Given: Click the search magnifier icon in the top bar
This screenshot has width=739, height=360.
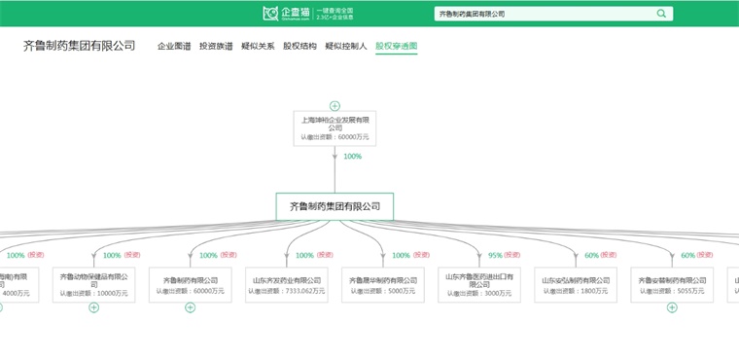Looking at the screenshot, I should pos(662,14).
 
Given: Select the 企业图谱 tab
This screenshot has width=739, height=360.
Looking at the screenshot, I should pos(174,46).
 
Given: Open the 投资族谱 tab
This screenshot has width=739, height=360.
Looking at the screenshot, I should pos(216,46).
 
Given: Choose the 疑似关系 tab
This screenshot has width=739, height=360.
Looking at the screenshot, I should pos(258,46).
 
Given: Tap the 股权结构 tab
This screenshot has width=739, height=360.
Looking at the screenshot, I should pos(299,46).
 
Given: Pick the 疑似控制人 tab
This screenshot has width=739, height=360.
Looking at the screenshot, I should pos(346,46).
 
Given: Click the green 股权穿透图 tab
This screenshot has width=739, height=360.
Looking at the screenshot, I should pos(396,46).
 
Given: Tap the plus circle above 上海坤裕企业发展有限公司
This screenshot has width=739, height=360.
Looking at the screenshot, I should pos(334,105).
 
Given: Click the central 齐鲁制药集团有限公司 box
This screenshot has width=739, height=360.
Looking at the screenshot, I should pos(334,206).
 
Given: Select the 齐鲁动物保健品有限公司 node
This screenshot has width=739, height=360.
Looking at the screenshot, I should pos(93,285).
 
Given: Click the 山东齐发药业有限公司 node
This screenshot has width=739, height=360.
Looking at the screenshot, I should pos(285,285).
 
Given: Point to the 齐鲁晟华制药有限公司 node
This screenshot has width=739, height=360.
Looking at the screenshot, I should pos(381,285).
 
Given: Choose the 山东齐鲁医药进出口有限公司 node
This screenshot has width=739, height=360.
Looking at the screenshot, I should pos(477,285).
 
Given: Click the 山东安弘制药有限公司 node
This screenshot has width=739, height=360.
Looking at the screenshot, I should pos(575,285).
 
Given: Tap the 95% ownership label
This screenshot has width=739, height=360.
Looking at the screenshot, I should pos(496,256).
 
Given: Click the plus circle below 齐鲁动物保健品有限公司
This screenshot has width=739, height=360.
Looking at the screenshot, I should pos(93,307).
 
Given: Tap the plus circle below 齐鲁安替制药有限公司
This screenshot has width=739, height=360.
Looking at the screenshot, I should pos(671,307).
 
